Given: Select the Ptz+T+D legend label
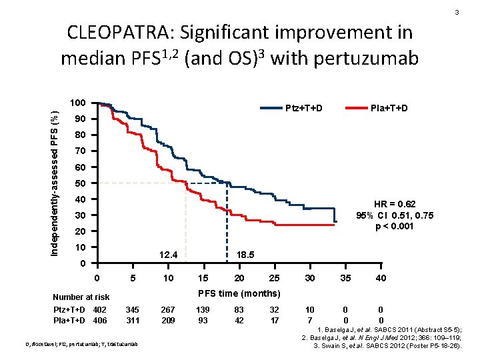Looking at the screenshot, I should pos(304,108).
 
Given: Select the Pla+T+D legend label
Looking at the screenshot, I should pos(389,108).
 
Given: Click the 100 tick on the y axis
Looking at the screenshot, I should pos(77,103).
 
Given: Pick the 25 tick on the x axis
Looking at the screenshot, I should pos(274,278).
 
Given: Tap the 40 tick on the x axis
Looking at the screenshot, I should pos(381,278).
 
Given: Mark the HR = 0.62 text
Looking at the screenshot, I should pos(394,204).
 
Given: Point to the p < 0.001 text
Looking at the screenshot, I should pos(394,225).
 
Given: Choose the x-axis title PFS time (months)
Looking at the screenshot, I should pos(239,293).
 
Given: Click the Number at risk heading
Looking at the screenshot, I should pos(81,297).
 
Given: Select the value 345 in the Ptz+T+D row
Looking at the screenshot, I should pos(133,309).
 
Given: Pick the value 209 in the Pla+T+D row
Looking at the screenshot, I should pos(168,320).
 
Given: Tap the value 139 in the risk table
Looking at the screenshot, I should pos(203,309).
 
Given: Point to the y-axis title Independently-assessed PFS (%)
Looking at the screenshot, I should pos(58,177).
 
